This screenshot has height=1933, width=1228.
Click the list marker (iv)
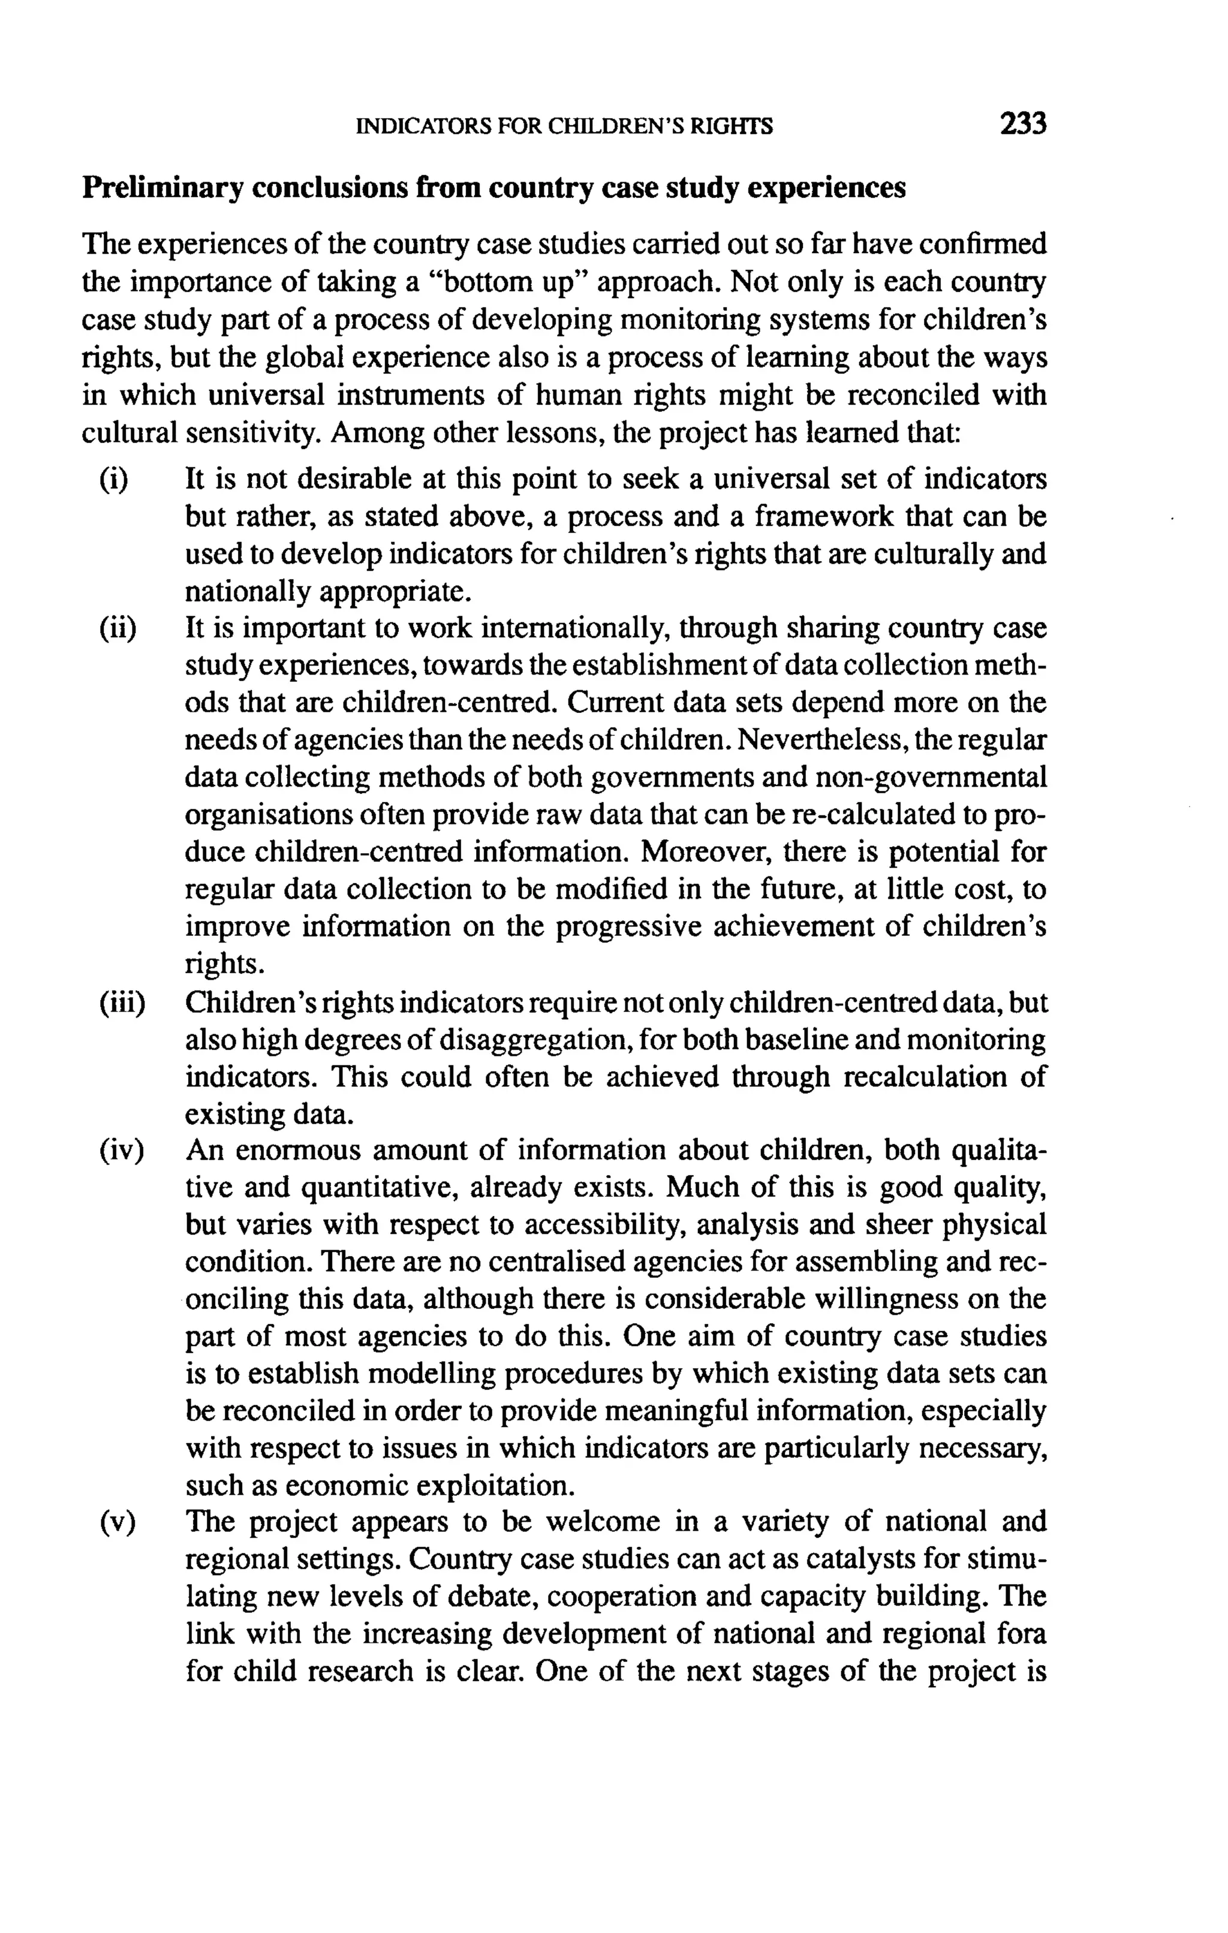click(121, 1151)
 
